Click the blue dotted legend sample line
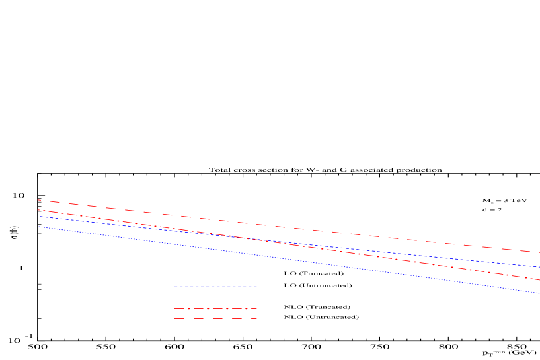coord(215,275)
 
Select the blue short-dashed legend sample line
coord(215,287)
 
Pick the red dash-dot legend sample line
coord(215,308)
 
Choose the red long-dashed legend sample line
coord(215,319)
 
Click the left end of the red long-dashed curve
coord(38,199)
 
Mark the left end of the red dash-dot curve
coord(38,210)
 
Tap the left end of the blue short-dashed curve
coord(39,216)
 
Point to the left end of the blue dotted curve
coord(38,226)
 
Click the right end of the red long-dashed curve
coord(539,252)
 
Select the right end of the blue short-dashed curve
coord(539,267)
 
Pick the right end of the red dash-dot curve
coord(539,280)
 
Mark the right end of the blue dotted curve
coord(539,293)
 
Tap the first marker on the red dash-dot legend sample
coord(188,308)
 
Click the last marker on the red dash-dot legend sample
coord(247,308)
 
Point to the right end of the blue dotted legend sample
coord(255,275)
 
